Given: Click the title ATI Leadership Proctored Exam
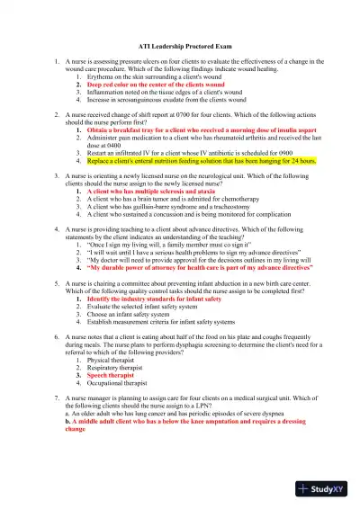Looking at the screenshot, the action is (180, 43).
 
